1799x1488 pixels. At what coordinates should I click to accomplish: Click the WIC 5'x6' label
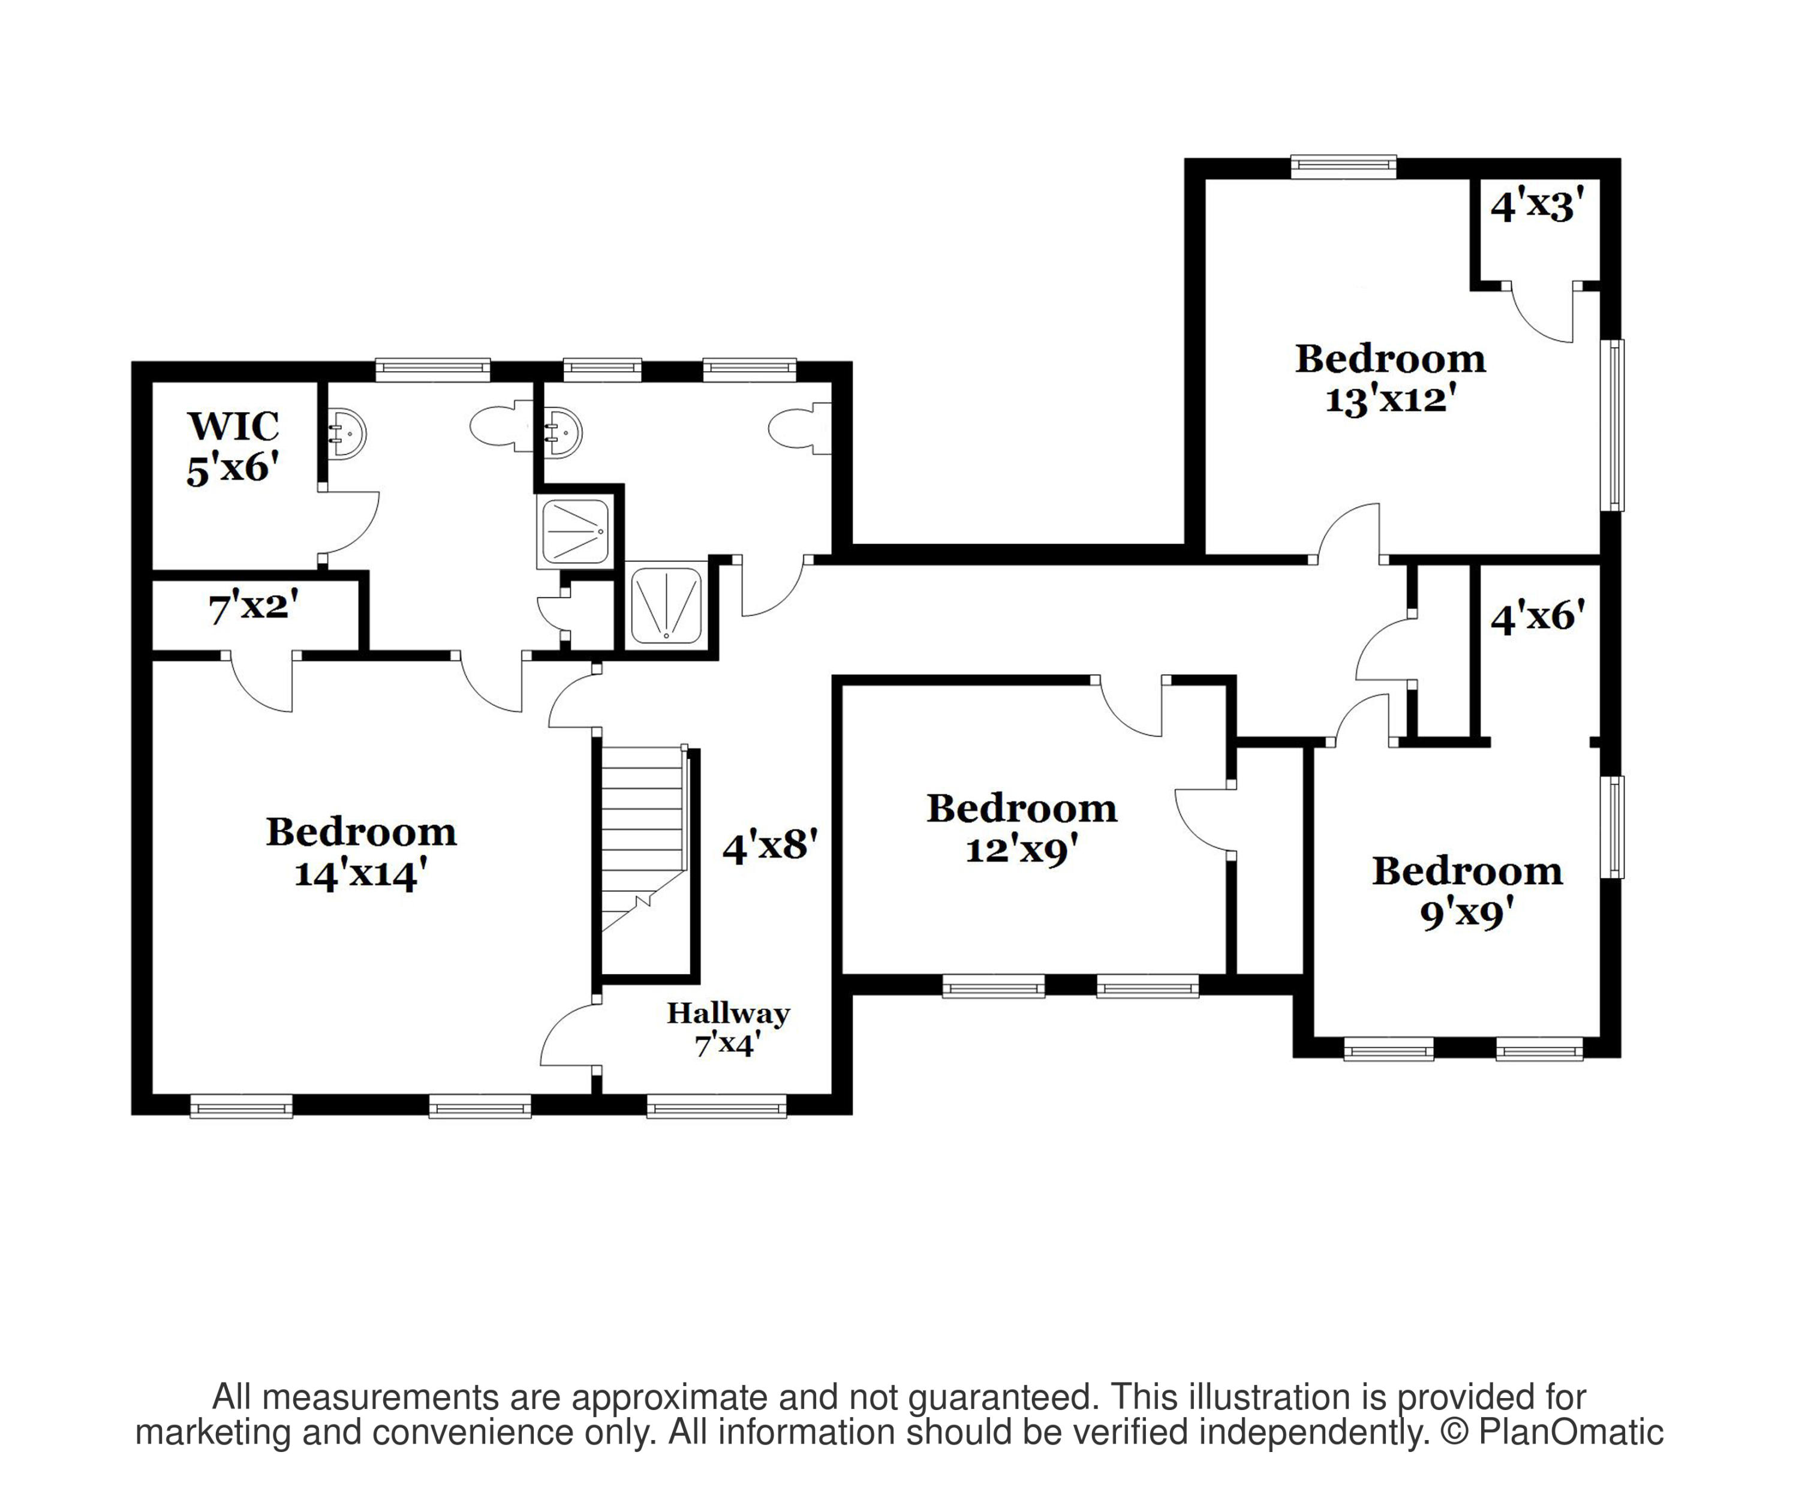coord(233,447)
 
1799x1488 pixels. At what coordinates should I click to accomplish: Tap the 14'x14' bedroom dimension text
coord(360,874)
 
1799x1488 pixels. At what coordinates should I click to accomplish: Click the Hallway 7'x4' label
coord(728,1028)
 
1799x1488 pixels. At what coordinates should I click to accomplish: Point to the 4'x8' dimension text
coord(770,846)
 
